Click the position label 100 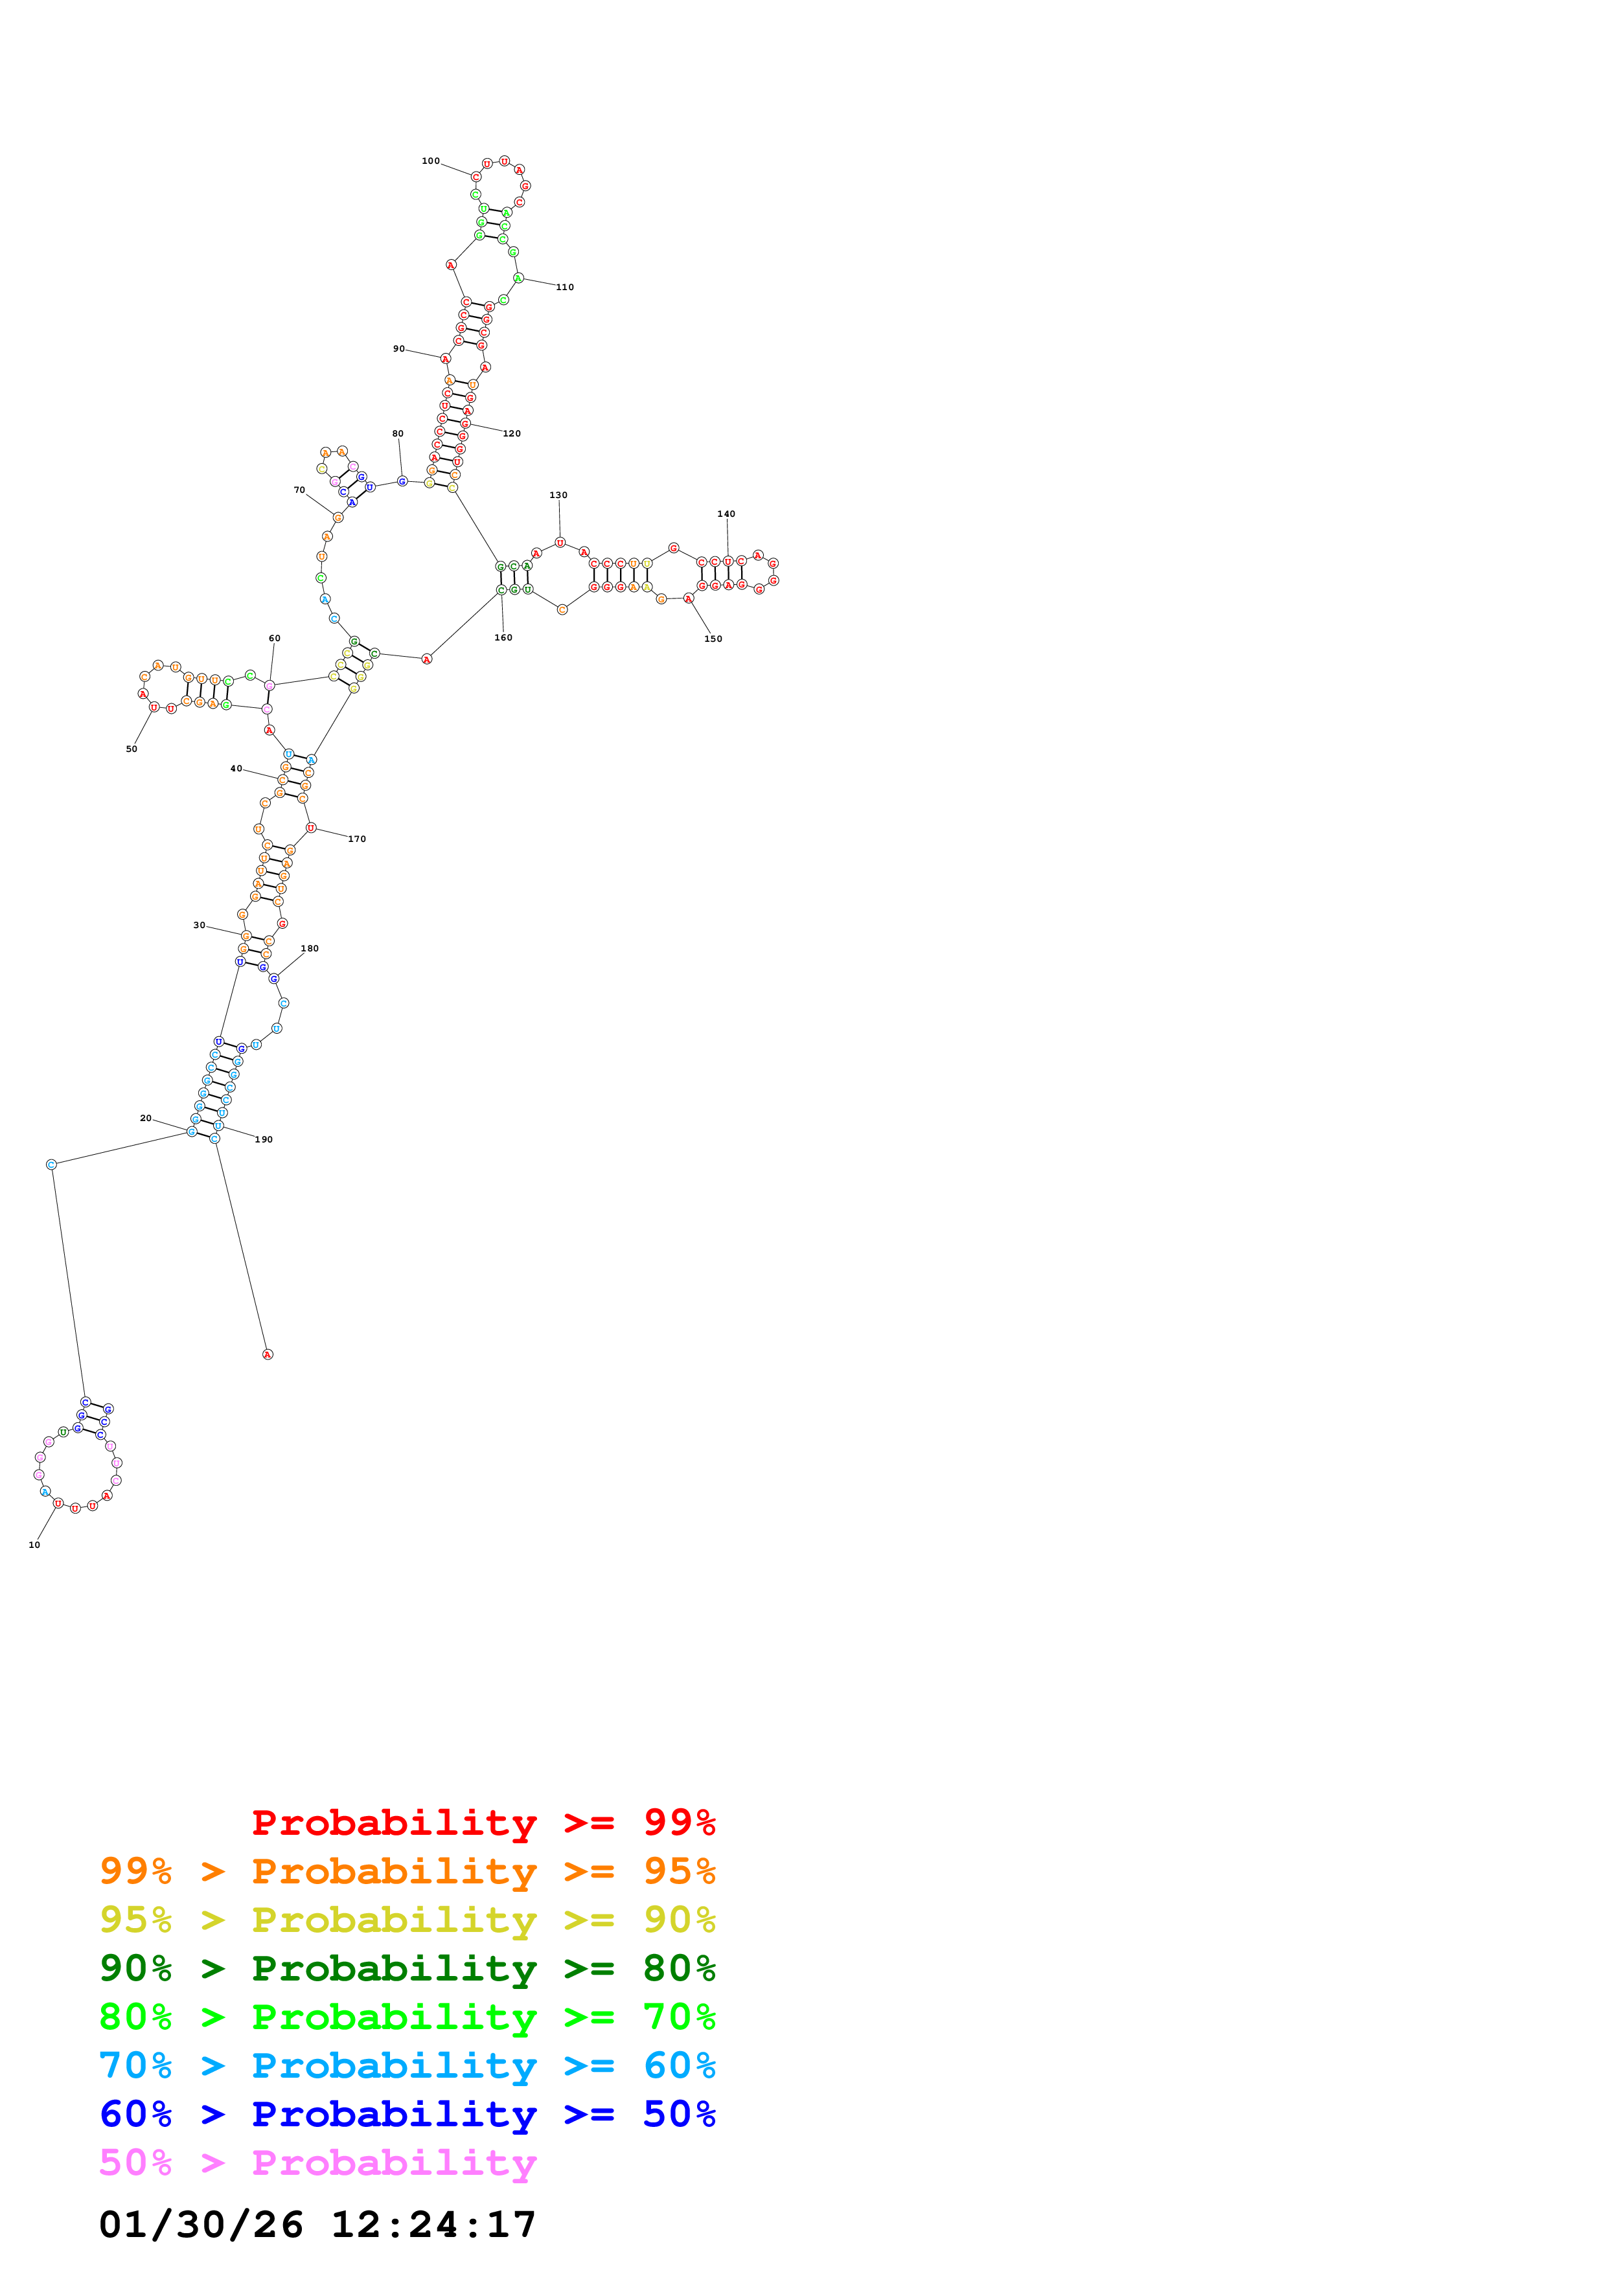tap(430, 161)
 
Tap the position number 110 tap(564, 287)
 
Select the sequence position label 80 tap(398, 433)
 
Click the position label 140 tap(726, 514)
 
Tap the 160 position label tap(503, 637)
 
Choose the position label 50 tap(132, 749)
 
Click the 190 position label tap(263, 1139)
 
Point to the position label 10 tap(34, 1545)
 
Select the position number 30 tap(199, 926)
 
